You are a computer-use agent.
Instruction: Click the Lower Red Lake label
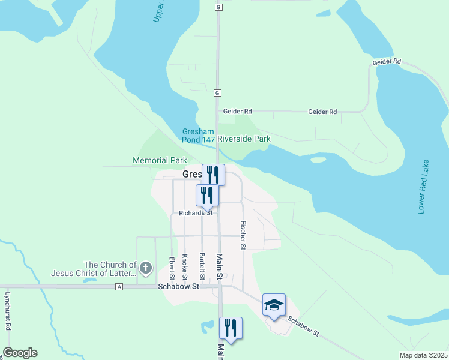(x=423, y=187)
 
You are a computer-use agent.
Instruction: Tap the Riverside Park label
(x=244, y=139)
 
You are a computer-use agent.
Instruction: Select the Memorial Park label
(x=160, y=161)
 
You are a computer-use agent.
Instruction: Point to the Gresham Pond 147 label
(x=199, y=136)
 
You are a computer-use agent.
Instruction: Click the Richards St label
(x=196, y=213)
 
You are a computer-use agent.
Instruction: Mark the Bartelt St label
(x=202, y=267)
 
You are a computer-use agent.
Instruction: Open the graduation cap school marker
(x=274, y=305)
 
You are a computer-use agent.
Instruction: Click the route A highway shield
(x=119, y=287)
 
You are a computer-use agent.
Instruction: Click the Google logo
(x=20, y=353)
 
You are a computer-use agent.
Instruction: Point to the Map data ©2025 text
(x=424, y=355)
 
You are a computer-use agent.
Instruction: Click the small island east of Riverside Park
(x=318, y=160)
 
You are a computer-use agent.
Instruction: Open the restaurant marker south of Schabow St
(x=231, y=328)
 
